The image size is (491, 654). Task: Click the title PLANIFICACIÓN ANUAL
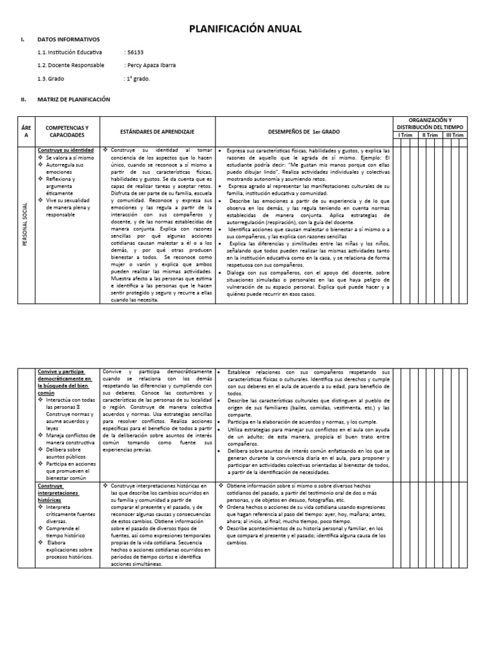245,29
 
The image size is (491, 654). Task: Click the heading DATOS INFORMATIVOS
65,40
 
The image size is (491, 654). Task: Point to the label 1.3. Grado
51,79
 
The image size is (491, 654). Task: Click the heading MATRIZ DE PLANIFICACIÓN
74,100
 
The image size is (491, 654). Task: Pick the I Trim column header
405,135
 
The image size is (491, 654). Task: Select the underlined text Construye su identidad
66,149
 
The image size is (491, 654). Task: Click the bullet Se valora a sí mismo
69,156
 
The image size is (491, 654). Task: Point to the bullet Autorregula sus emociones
69,168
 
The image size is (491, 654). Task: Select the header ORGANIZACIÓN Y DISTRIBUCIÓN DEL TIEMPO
430,123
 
